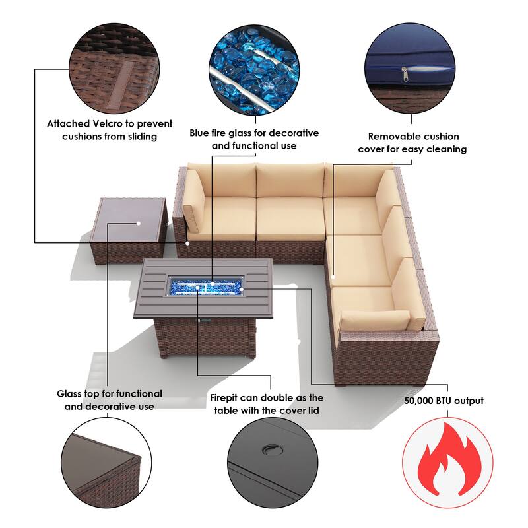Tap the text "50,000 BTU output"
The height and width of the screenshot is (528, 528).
pos(444,401)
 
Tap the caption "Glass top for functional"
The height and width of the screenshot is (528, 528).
pos(110,394)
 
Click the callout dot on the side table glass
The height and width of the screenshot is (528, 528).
pos(139,223)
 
